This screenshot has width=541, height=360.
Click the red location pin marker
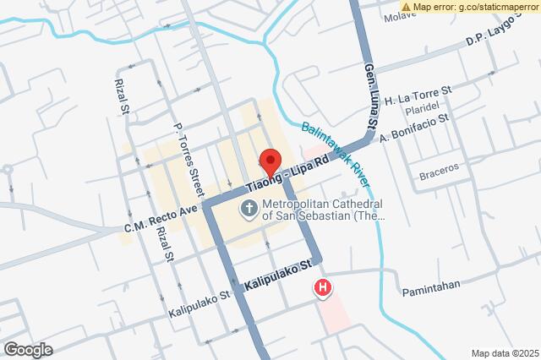click(x=270, y=161)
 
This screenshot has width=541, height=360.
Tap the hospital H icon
click(x=322, y=288)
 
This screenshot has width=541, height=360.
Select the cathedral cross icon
click(x=250, y=208)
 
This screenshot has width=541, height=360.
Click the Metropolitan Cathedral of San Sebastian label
click(x=323, y=210)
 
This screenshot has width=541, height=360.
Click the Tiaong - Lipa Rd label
click(x=287, y=173)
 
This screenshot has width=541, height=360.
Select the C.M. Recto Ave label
click(x=161, y=217)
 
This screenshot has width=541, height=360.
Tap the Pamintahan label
click(x=430, y=284)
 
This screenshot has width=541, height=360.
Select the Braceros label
click(x=439, y=166)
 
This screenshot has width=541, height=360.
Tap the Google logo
click(x=28, y=349)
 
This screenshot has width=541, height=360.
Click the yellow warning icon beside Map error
click(x=406, y=6)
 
